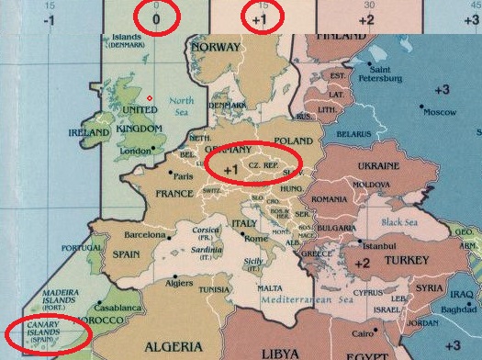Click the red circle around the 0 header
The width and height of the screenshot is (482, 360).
pyautogui.click(x=155, y=17)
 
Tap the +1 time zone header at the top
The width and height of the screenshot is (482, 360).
pyautogui.click(x=261, y=17)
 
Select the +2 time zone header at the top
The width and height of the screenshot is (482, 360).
pyautogui.click(x=366, y=18)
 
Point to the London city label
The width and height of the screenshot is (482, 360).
pyautogui.click(x=135, y=152)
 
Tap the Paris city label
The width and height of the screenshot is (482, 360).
pyautogui.click(x=184, y=176)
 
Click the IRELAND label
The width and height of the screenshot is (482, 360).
pyautogui.click(x=89, y=132)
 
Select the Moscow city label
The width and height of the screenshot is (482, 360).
pyautogui.click(x=440, y=112)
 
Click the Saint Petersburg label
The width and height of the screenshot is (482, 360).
pyautogui.click(x=385, y=73)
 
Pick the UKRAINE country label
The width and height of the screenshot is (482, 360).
pyautogui.click(x=378, y=166)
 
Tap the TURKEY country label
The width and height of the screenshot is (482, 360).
pyautogui.click(x=406, y=261)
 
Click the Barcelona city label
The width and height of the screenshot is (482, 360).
pyautogui.click(x=144, y=235)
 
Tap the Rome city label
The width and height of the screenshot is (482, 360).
pyautogui.click(x=256, y=239)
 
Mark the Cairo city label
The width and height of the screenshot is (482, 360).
pyautogui.click(x=364, y=332)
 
